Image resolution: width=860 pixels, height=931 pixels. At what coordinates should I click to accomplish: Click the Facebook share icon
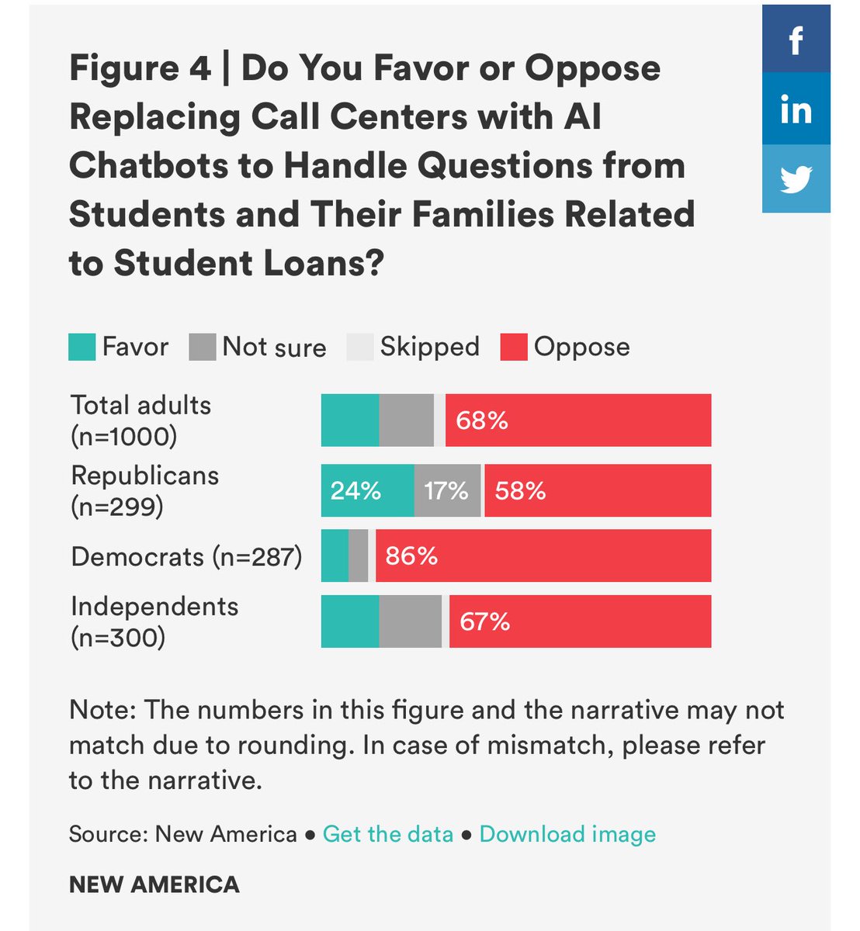tap(796, 39)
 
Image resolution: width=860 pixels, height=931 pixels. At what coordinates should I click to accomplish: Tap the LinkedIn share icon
tap(796, 109)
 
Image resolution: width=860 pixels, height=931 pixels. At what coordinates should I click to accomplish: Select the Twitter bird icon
tap(796, 178)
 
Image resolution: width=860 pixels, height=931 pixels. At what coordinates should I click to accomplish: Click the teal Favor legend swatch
tap(81, 347)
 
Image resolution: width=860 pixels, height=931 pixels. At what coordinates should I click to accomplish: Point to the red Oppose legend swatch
tap(514, 347)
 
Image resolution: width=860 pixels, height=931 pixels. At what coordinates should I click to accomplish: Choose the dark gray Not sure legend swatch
tap(202, 347)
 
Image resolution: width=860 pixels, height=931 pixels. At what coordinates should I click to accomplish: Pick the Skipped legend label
tap(429, 347)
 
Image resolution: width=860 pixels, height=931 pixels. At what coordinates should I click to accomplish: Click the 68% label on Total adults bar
tap(481, 421)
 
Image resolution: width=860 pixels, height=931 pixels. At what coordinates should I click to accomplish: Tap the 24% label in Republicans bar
tap(355, 491)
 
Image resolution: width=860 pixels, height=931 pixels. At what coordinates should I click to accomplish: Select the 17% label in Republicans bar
tap(446, 491)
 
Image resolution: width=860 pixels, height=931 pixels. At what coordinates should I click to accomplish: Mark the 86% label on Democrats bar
tap(411, 556)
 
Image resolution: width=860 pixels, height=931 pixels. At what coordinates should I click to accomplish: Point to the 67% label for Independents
tap(484, 621)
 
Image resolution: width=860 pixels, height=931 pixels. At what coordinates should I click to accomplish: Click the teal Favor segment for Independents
tap(350, 621)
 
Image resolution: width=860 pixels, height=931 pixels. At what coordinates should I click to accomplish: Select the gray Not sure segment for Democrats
tap(358, 556)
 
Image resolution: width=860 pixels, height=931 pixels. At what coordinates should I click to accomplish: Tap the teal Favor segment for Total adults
tap(350, 421)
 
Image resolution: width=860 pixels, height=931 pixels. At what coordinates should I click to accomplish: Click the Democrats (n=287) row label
tap(186, 557)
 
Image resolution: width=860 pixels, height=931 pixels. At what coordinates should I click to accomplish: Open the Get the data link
tap(387, 834)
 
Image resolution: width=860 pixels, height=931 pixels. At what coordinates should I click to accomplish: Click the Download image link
tap(567, 834)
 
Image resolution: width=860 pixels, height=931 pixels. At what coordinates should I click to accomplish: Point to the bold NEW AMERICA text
tap(154, 884)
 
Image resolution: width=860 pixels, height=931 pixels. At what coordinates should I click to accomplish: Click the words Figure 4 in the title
tap(140, 68)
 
